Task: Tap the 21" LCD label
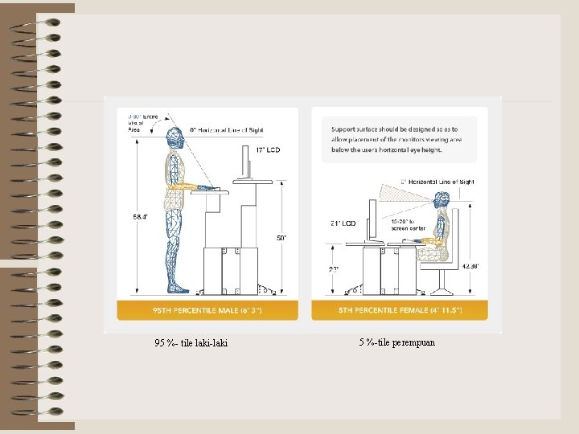[x=343, y=223]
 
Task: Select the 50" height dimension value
[x=281, y=237]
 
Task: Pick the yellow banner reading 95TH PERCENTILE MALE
[x=207, y=310]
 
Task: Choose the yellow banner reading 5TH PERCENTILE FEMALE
[x=398, y=310]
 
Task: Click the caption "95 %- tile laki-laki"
[x=191, y=343]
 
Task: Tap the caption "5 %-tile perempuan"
[x=397, y=342]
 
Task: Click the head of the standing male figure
[x=176, y=137]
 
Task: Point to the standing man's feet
[x=178, y=287]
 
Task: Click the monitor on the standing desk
[x=244, y=161]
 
